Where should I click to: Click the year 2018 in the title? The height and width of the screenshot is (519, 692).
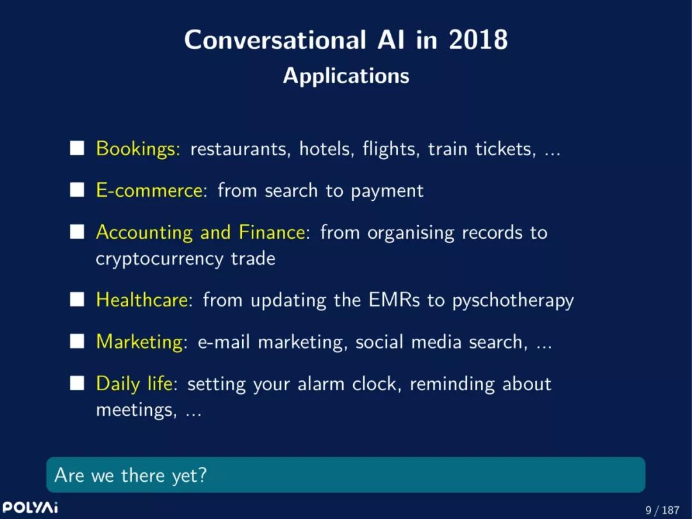[478, 40]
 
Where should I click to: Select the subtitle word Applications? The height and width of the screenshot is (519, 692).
[346, 76]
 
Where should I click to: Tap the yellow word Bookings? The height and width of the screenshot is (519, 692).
[138, 149]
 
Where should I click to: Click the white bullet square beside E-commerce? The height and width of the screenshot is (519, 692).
[77, 190]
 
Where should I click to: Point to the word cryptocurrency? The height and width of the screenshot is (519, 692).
[160, 259]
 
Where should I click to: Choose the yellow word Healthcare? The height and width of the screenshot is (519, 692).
[142, 300]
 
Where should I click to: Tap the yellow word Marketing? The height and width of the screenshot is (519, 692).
[140, 343]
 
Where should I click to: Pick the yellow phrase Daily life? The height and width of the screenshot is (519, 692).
[134, 384]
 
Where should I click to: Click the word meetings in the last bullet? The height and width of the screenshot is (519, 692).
[135, 411]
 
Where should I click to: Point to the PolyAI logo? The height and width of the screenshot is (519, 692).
[30, 507]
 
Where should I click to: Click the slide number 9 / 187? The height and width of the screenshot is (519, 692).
[663, 510]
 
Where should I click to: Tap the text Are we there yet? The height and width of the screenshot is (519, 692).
[130, 475]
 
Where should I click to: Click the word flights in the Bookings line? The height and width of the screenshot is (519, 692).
[389, 149]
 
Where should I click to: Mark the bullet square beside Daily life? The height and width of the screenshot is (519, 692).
[77, 383]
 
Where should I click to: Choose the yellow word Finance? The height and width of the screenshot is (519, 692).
[272, 232]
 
